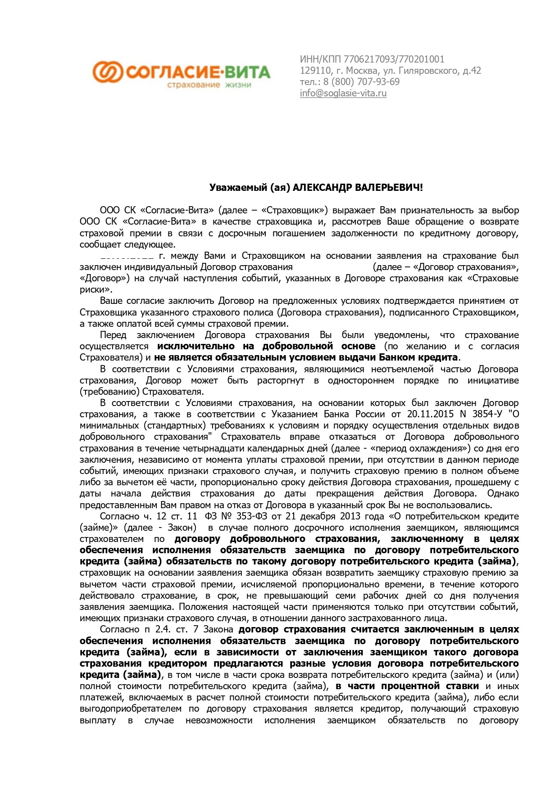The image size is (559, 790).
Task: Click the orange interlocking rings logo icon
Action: click(x=108, y=72)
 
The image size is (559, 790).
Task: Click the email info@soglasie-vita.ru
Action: click(x=343, y=93)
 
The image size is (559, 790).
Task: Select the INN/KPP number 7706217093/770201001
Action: click(x=394, y=59)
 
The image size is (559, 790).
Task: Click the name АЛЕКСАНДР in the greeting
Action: click(x=323, y=187)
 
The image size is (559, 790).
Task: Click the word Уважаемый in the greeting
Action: click(x=238, y=187)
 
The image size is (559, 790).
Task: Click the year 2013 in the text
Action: click(x=350, y=516)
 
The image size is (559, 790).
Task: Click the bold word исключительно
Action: click(x=196, y=346)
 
